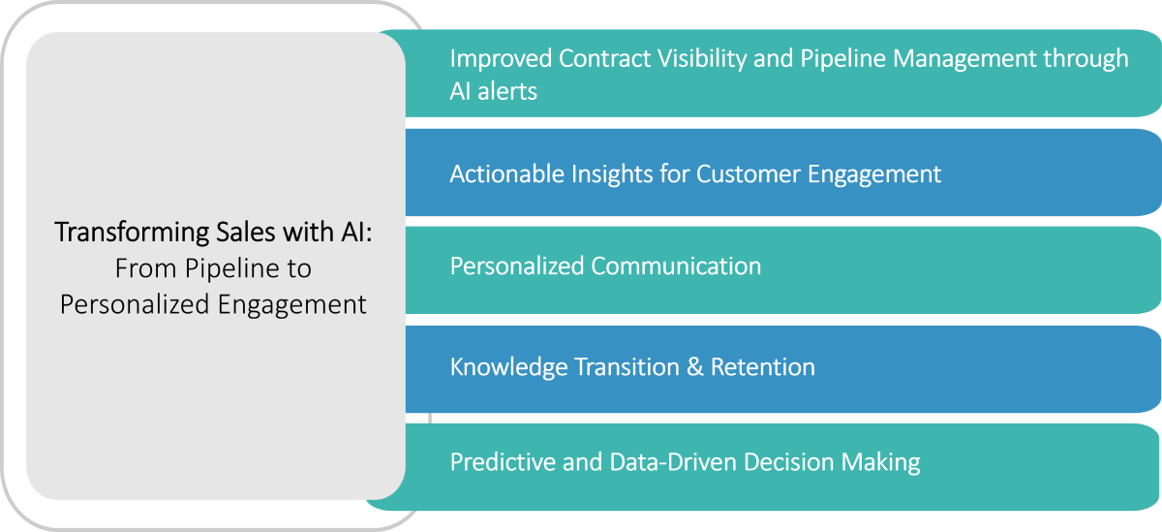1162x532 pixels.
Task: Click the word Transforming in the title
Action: [x=133, y=233]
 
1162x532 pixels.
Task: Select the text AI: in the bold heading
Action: [x=356, y=232]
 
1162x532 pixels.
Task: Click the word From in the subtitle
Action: [x=146, y=268]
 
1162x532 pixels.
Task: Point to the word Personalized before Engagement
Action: [x=135, y=305]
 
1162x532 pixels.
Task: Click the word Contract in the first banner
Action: [x=604, y=58]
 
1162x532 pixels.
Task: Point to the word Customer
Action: [x=748, y=174]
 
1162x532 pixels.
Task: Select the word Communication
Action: [x=676, y=266]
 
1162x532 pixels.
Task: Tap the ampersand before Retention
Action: [x=694, y=367]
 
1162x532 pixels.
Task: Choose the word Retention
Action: [x=763, y=367]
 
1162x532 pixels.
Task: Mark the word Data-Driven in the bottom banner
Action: [x=673, y=462]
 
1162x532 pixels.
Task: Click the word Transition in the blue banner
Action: [x=627, y=367]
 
